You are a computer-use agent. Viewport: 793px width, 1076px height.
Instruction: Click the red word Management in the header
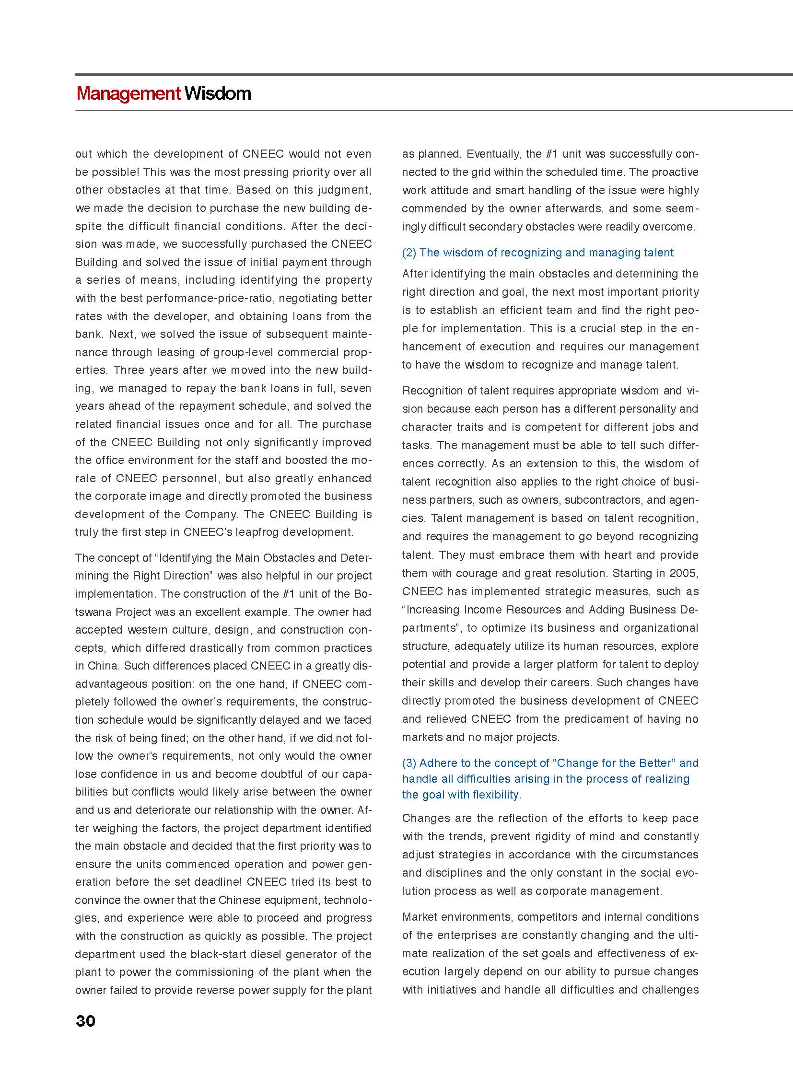(x=128, y=93)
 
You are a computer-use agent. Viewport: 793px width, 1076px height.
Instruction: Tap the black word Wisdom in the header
(x=218, y=93)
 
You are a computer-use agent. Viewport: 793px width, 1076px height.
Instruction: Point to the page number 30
(x=85, y=1020)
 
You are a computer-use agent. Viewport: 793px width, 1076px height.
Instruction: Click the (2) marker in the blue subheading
(x=409, y=253)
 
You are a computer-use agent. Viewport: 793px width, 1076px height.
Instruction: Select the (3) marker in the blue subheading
(x=409, y=763)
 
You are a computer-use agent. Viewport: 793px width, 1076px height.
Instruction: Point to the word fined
(x=186, y=738)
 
